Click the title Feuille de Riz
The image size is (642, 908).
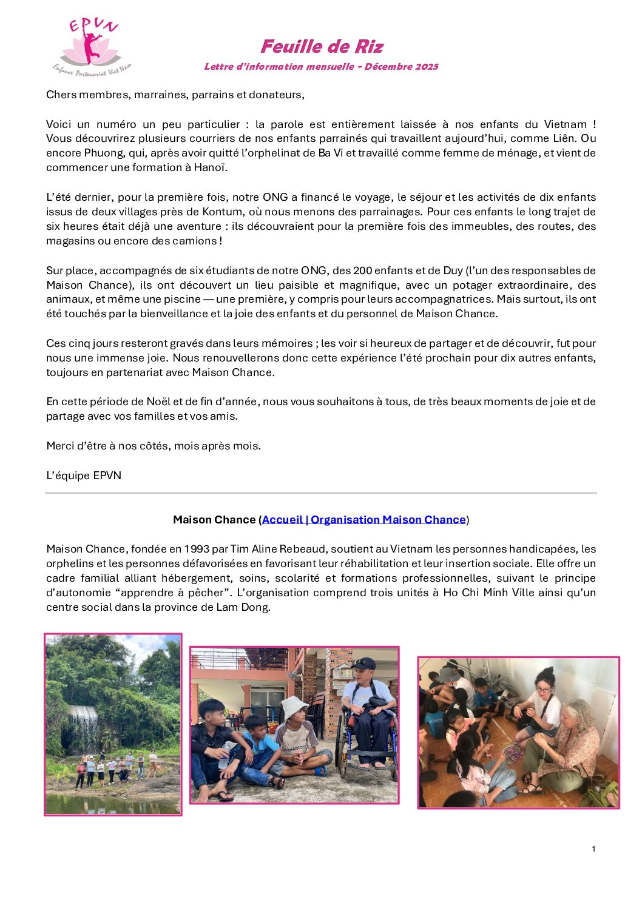[x=322, y=47]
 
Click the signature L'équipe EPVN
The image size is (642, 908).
[x=84, y=476]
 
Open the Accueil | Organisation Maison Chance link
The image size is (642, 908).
[x=363, y=520]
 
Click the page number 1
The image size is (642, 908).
[x=593, y=849]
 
